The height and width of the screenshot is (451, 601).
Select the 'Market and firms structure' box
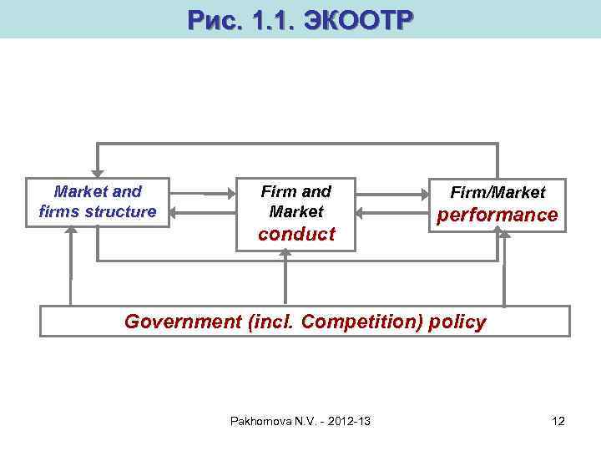tap(98, 202)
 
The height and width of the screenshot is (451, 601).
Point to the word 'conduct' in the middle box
tap(296, 234)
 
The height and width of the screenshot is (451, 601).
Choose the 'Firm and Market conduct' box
tap(296, 213)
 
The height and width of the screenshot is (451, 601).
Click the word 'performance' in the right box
tap(498, 215)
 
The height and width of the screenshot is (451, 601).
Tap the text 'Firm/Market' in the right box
tap(498, 193)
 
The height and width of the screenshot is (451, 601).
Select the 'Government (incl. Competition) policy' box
tap(305, 321)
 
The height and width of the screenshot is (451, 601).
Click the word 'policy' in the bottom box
tap(457, 321)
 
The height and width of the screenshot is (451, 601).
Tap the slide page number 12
tap(558, 421)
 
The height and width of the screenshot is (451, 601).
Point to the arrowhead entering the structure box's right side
tap(174, 214)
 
